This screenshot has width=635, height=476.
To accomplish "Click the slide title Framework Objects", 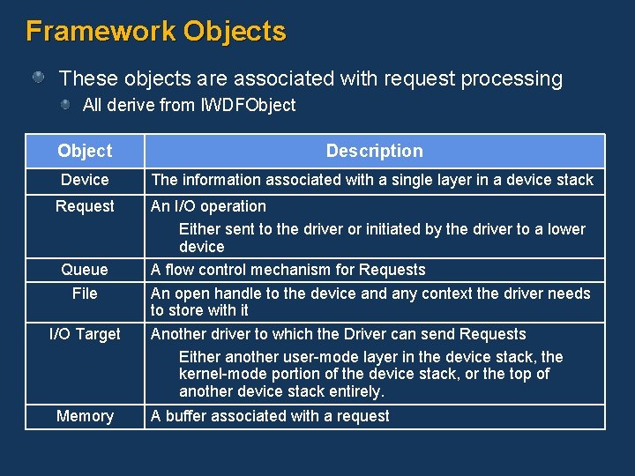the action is (156, 32).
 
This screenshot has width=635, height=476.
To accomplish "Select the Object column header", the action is (85, 151).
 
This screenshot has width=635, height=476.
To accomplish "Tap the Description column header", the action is (374, 151).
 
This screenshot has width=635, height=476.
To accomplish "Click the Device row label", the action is (85, 180).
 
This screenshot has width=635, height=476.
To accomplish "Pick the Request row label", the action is (85, 206).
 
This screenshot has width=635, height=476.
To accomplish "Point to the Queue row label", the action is (85, 270).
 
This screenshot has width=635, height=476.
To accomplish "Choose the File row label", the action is (85, 293).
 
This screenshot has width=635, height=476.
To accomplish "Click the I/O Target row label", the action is (85, 334).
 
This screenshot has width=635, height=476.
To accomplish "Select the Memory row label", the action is (85, 416).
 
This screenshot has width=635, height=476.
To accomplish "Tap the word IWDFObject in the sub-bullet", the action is (249, 106).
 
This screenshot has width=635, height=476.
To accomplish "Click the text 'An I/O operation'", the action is (208, 206).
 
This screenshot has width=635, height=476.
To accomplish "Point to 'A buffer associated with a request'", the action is (270, 416).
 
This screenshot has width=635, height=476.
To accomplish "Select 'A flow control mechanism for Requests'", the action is (288, 270).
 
